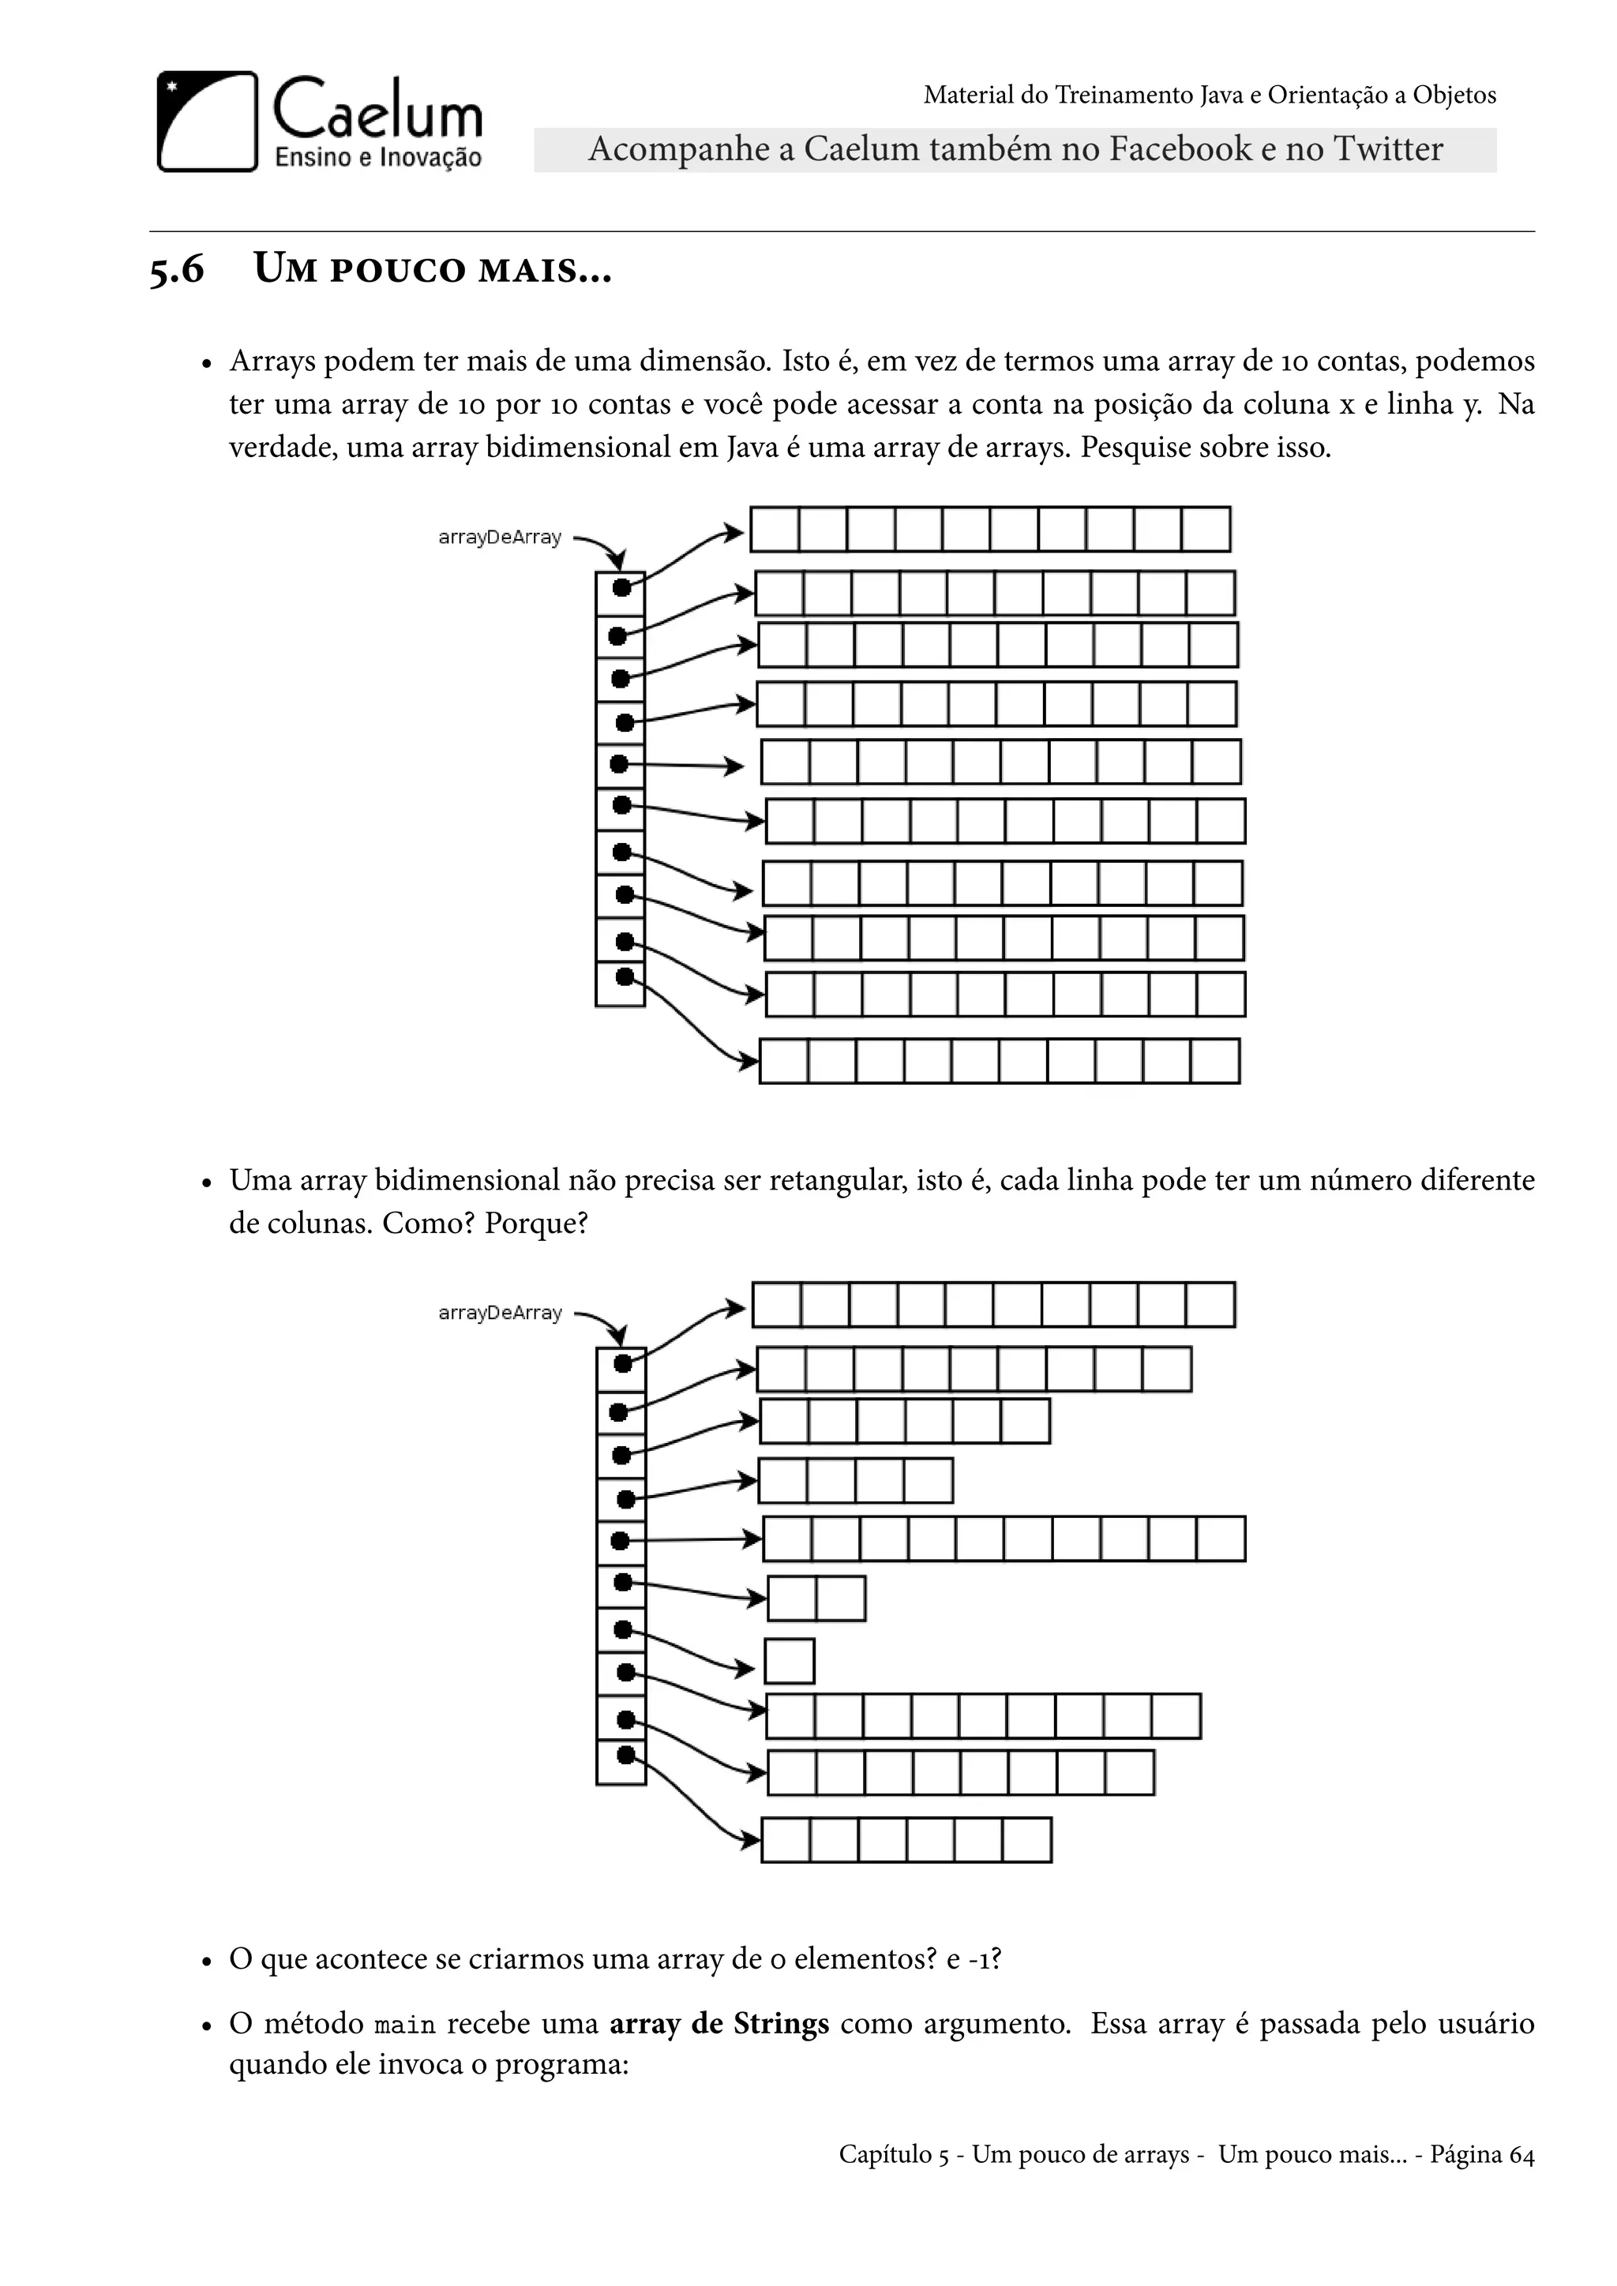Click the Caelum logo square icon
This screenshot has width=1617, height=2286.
pyautogui.click(x=207, y=122)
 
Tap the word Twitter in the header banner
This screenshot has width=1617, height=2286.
pyautogui.click(x=1388, y=149)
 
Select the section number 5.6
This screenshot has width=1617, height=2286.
pyautogui.click(x=176, y=270)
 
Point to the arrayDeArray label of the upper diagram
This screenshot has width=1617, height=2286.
pyautogui.click(x=500, y=538)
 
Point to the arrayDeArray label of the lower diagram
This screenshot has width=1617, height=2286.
pyautogui.click(x=500, y=1314)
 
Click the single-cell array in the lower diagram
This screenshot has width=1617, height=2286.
pyautogui.click(x=790, y=1662)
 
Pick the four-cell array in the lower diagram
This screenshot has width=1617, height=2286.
pyautogui.click(x=855, y=1482)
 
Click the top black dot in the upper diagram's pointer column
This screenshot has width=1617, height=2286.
pyautogui.click(x=621, y=588)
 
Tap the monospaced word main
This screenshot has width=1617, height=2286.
pyautogui.click(x=405, y=2026)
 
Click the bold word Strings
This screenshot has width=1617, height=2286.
pyautogui.click(x=781, y=2023)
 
